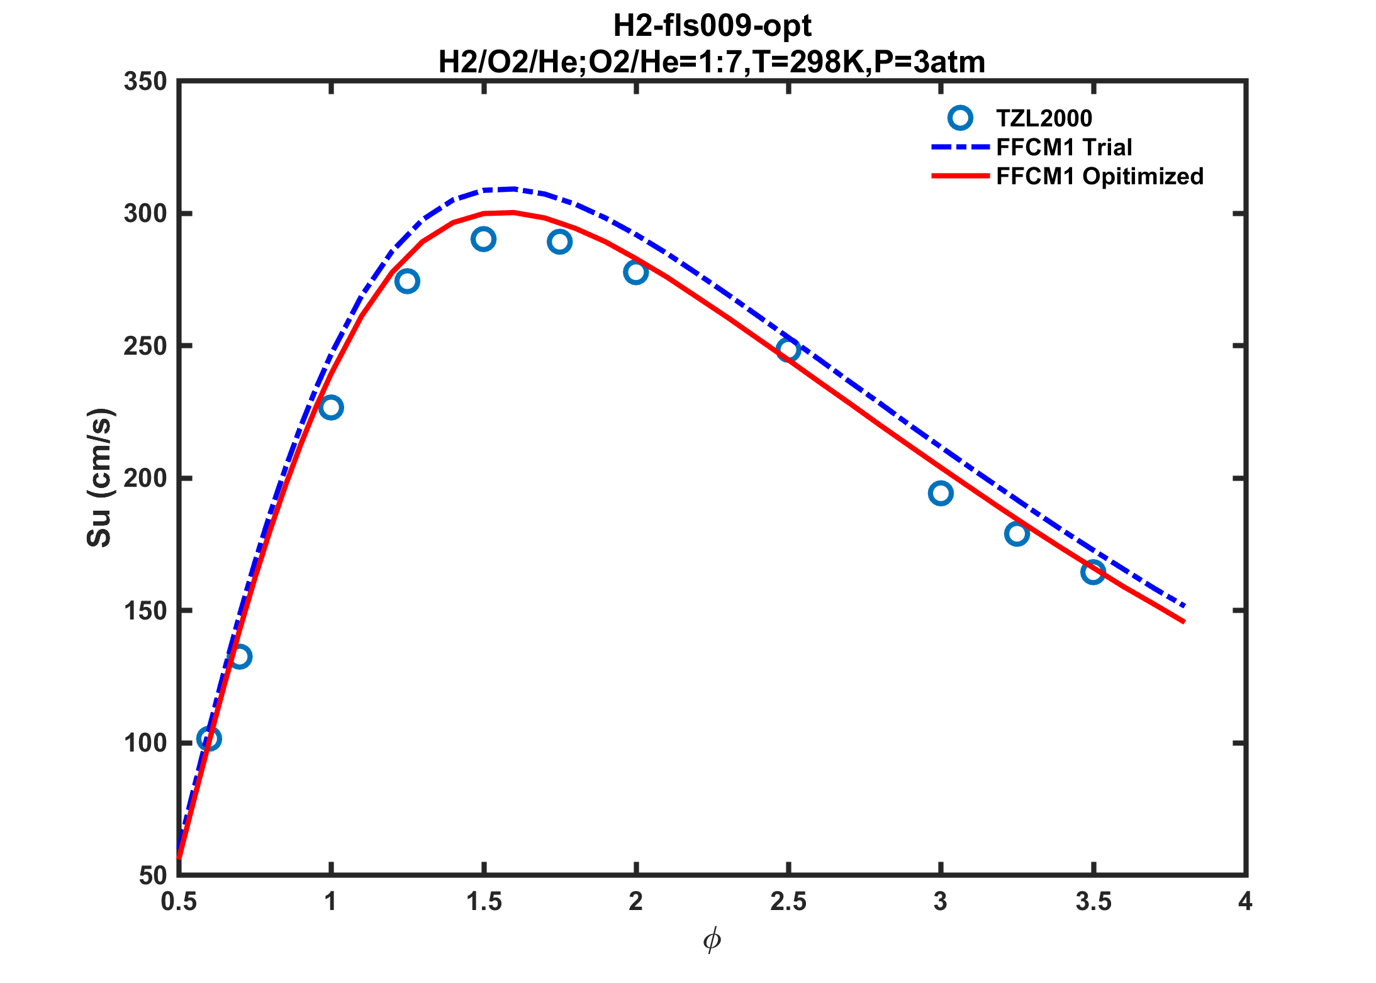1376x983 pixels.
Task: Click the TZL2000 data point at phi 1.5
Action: point(483,239)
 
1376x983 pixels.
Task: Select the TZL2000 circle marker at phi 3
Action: point(940,493)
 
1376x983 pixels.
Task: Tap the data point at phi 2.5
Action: point(788,350)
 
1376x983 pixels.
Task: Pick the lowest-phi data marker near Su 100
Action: point(208,738)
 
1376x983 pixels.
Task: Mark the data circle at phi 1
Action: point(331,408)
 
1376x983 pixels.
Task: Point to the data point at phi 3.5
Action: point(1093,572)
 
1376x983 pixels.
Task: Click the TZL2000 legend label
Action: point(1044,118)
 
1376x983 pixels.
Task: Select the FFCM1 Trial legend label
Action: point(1064,147)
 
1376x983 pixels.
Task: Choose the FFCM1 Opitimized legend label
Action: point(1100,177)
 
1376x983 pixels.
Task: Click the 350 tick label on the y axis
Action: point(145,82)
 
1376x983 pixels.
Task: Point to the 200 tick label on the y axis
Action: point(145,479)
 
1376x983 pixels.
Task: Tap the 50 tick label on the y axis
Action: point(153,875)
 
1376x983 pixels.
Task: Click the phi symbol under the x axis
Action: point(712,941)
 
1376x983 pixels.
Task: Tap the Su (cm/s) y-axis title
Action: point(99,478)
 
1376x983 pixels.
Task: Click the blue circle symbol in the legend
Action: point(960,118)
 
